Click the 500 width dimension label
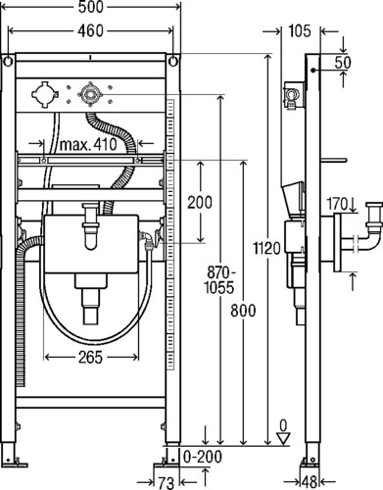pos(90,7)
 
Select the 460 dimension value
pos(90,31)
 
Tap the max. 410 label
pos(88,144)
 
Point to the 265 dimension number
pos(90,358)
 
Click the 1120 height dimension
pos(267,249)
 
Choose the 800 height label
pos(243,311)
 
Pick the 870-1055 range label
pos(219,280)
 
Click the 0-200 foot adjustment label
pos(203,457)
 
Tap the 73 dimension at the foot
pos(167,483)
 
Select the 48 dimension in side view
pos(310,482)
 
